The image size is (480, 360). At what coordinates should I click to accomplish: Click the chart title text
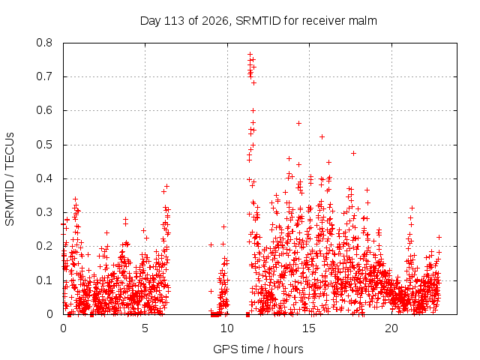click(258, 21)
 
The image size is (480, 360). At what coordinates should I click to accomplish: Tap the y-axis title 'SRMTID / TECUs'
click(10, 179)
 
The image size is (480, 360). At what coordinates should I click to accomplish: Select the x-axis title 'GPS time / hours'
click(258, 349)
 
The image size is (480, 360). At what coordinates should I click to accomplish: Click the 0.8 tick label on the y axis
click(44, 43)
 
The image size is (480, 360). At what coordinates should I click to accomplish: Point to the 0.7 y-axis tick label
click(44, 76)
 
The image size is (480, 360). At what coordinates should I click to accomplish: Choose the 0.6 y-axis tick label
click(44, 110)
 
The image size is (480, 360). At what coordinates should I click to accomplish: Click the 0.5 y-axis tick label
click(44, 145)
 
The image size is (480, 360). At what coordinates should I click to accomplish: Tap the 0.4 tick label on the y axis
click(44, 178)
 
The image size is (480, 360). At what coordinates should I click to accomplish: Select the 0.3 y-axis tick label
click(44, 212)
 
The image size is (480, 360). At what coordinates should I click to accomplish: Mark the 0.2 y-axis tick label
click(44, 246)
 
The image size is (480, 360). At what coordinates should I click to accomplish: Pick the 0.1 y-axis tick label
click(44, 280)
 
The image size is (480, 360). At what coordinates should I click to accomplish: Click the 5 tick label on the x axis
click(145, 328)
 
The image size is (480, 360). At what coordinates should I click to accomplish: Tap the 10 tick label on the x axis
click(227, 328)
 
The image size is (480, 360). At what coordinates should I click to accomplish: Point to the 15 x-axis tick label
click(309, 328)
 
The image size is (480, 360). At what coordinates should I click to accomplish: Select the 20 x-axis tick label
click(391, 328)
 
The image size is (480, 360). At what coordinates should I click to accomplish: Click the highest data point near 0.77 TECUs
click(250, 55)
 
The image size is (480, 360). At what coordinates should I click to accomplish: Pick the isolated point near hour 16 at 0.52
click(322, 136)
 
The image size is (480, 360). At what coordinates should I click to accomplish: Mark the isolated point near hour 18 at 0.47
click(353, 153)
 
